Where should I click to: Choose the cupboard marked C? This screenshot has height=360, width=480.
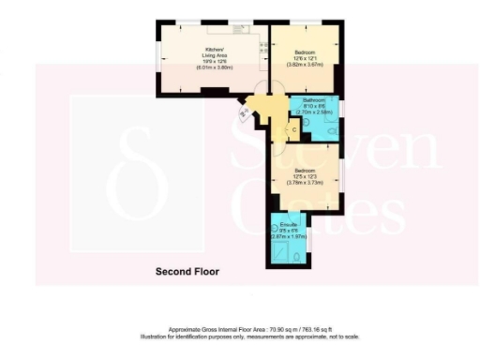point(294,128)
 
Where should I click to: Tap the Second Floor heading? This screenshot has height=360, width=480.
point(187,272)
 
